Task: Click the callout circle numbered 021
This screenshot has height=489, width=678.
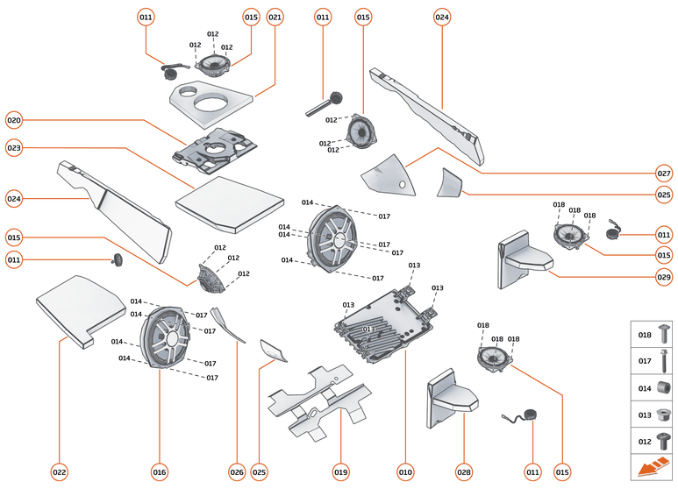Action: [275, 18]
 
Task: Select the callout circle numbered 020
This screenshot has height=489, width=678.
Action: [14, 119]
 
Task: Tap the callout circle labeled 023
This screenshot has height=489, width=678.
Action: [14, 148]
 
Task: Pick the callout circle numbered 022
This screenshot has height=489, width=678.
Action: [59, 472]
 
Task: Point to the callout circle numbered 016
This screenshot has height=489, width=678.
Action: [159, 472]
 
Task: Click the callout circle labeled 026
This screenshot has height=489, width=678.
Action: [237, 472]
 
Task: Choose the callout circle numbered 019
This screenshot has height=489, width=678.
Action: [341, 472]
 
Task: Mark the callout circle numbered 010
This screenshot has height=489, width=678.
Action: [404, 472]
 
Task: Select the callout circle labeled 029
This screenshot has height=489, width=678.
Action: [664, 277]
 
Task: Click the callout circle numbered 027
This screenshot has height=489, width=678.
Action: [664, 173]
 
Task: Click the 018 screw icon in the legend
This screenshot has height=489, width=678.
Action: [663, 335]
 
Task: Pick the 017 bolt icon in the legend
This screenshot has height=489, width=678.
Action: [663, 360]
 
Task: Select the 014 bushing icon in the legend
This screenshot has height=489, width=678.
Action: [663, 387]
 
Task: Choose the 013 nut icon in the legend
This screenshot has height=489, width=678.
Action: [663, 414]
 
